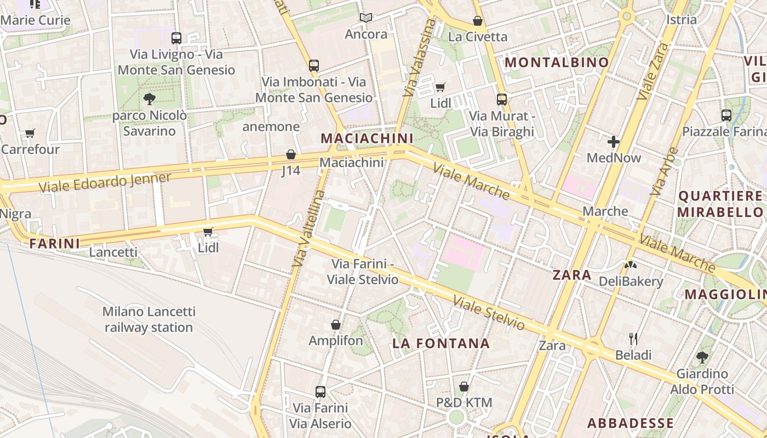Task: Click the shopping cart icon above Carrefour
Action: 30,133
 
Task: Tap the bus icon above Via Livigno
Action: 176,38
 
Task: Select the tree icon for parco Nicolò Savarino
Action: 149,99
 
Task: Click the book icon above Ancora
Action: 366,18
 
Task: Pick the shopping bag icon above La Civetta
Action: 478,21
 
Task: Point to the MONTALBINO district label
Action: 557,62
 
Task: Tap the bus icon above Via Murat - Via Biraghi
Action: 502,100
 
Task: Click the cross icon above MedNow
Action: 614,142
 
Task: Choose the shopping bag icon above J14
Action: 291,154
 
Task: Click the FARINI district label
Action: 55,243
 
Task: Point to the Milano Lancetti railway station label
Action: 149,320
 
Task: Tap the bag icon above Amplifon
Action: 336,325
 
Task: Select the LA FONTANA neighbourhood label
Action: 441,344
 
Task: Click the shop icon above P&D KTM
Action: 464,387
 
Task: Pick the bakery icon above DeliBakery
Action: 631,266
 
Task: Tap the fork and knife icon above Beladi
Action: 633,338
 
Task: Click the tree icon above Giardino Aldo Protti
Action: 702,358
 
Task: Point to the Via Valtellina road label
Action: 308,229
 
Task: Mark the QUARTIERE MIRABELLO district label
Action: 720,204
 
